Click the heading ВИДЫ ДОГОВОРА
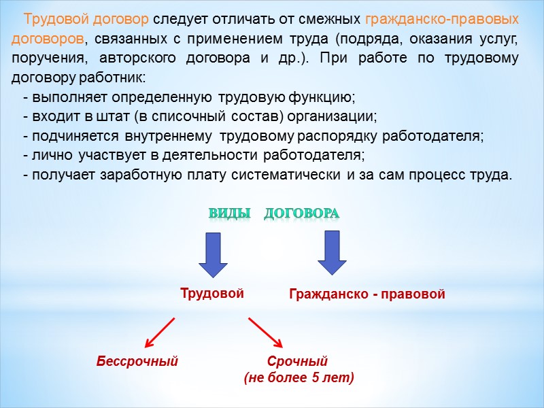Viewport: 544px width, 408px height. coord(273,214)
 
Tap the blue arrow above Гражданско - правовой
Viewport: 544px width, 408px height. coord(333,252)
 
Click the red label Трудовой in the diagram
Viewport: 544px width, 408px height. coord(211,294)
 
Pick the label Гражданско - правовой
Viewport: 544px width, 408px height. coord(367,295)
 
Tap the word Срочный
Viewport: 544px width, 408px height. coord(299,361)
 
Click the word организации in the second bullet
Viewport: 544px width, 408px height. coord(338,116)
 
